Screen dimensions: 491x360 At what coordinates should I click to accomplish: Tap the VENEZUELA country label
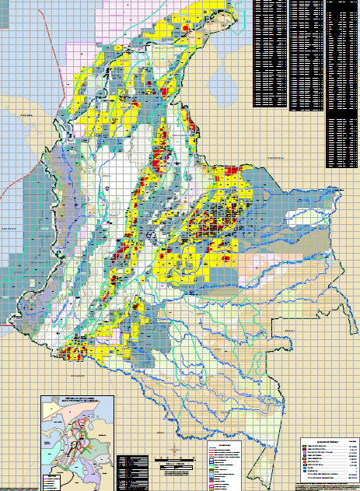[x=278, y=157]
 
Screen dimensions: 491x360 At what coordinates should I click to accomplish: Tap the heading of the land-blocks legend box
[x=327, y=440]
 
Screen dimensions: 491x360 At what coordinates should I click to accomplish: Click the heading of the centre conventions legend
[x=224, y=444]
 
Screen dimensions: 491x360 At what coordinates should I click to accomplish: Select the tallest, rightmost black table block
[x=342, y=86]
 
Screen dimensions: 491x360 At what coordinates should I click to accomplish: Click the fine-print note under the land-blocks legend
[x=327, y=486]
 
